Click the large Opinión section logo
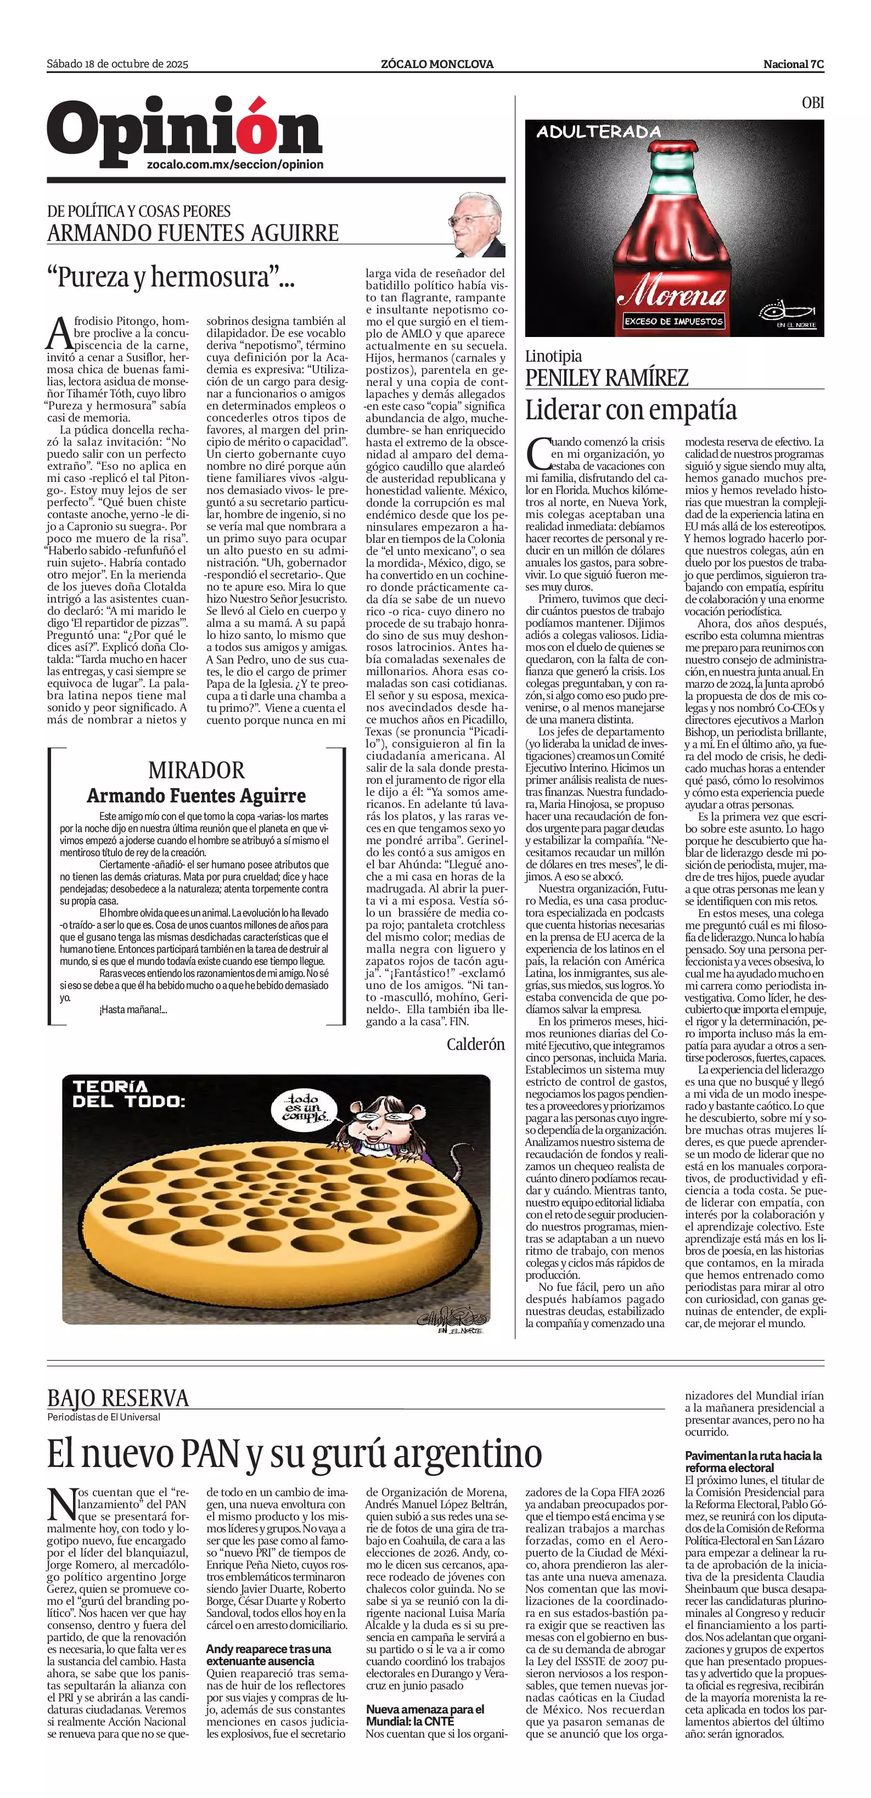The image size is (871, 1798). [x=184, y=128]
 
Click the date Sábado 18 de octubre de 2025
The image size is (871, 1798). [x=117, y=64]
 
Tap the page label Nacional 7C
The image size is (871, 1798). [x=794, y=64]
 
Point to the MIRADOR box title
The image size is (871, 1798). [x=196, y=771]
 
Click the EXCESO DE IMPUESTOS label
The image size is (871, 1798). [x=673, y=321]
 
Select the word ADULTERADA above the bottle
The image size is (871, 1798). [x=598, y=131]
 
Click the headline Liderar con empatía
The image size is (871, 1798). [x=631, y=410]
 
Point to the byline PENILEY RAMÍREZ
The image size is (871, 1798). [x=606, y=378]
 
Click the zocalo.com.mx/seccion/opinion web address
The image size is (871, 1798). [x=235, y=165]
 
